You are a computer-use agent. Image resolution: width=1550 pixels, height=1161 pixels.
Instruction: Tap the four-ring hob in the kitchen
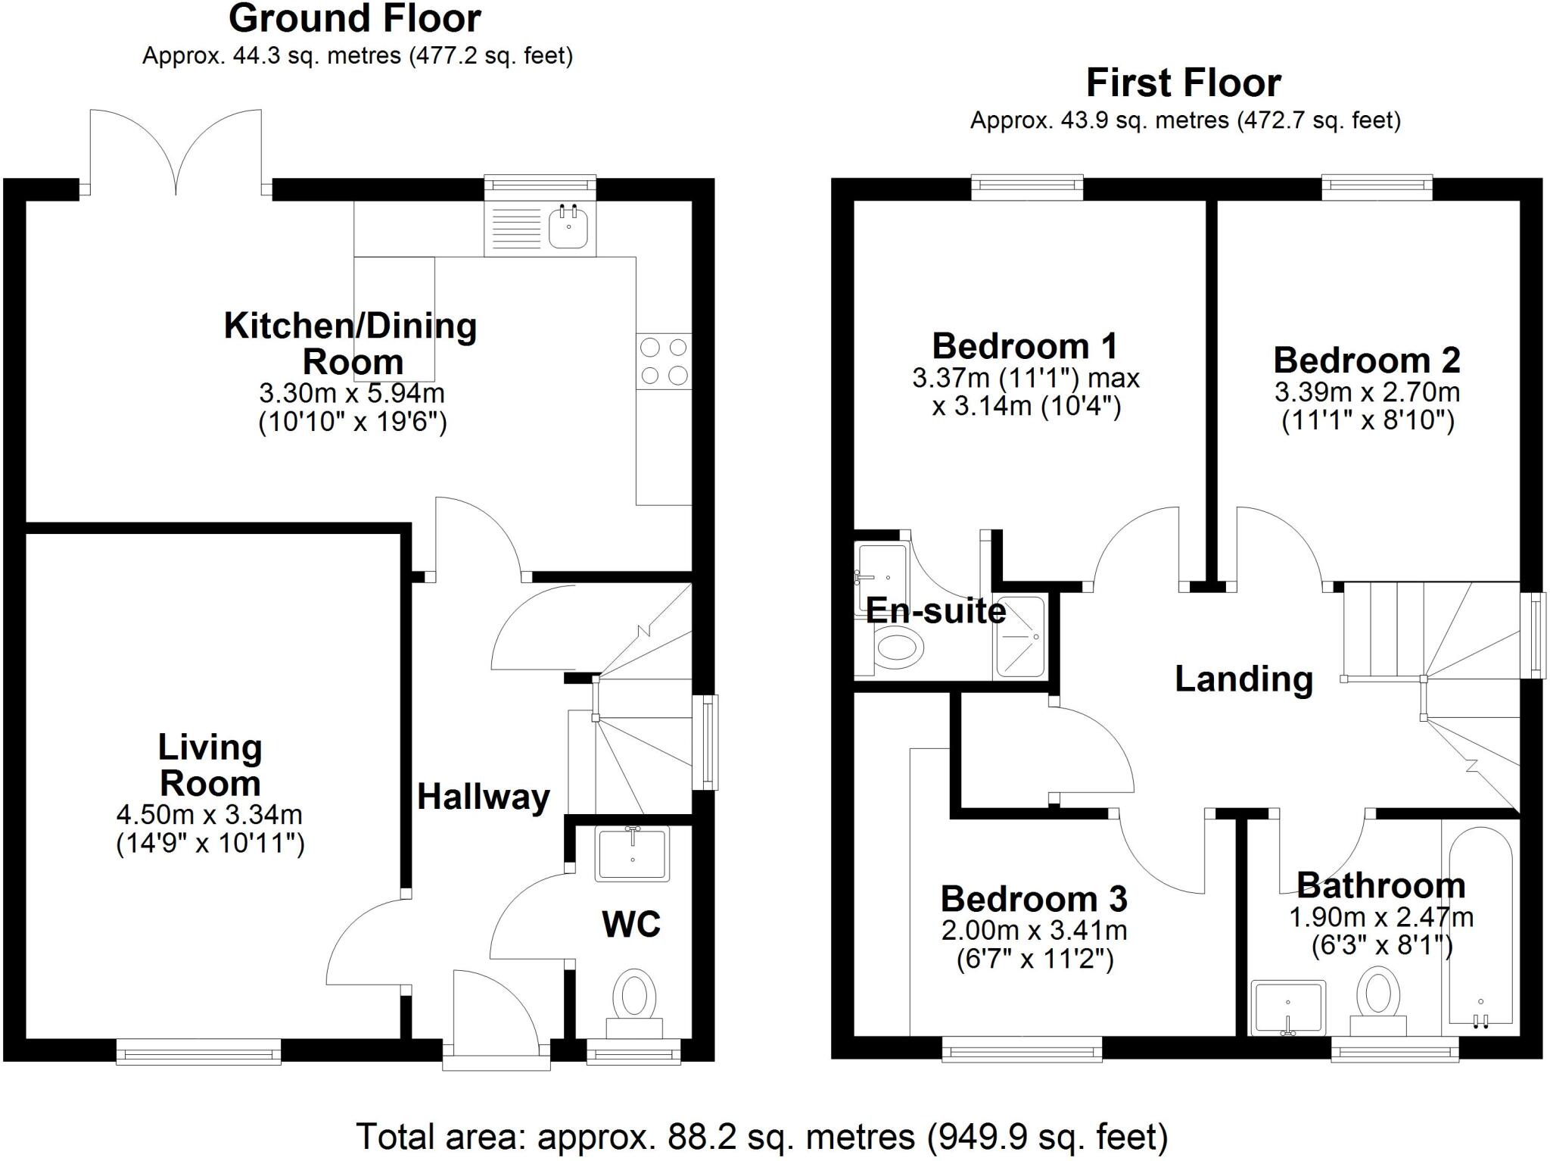tap(664, 361)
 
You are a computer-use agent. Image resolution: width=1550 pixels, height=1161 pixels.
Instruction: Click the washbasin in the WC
tap(632, 854)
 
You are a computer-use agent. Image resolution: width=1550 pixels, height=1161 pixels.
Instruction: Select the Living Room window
tap(198, 1051)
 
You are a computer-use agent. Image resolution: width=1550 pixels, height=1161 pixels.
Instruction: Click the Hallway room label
tap(484, 797)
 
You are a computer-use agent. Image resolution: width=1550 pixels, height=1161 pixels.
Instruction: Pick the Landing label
tap(1243, 679)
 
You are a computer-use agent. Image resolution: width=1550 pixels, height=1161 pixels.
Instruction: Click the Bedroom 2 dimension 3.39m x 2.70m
tap(1367, 392)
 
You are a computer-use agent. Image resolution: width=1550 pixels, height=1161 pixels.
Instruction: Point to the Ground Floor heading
tap(354, 19)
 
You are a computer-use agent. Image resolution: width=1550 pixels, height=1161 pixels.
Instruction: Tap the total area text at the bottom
tap(762, 1137)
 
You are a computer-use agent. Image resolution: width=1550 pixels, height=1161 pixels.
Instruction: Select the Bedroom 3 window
tap(1022, 1050)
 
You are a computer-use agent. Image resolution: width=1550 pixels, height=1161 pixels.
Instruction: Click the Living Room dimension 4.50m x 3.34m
tap(210, 815)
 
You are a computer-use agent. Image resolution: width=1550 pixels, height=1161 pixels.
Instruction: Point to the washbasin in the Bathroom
tap(1287, 1007)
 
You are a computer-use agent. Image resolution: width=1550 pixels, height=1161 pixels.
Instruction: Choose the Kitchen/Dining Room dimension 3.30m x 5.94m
tap(352, 393)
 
